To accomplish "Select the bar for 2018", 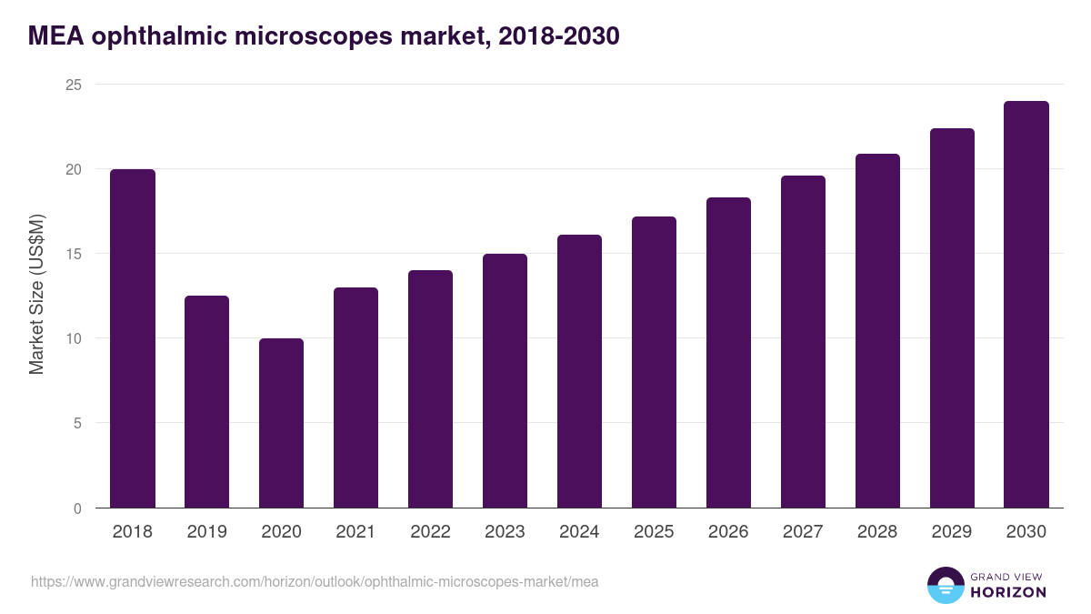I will point(133,338).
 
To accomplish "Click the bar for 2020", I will point(281,423).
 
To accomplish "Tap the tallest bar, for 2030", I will point(1026,305).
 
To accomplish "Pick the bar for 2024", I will point(579,371).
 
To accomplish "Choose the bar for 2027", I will point(803,342).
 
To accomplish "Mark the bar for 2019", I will point(206,402).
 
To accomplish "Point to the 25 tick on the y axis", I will point(73,85).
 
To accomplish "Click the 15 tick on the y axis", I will point(73,254).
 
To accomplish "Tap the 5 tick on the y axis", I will point(77,423).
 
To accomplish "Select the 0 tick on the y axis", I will point(77,508).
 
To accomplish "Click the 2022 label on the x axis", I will point(430,532).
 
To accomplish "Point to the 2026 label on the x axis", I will point(728,532).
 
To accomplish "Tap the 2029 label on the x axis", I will point(952,532).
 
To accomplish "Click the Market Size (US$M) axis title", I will point(36,294).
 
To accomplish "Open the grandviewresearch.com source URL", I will point(315,581).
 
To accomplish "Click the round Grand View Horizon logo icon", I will point(946,585).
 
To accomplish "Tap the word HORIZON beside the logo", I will point(1008,592).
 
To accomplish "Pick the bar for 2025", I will point(654,362).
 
